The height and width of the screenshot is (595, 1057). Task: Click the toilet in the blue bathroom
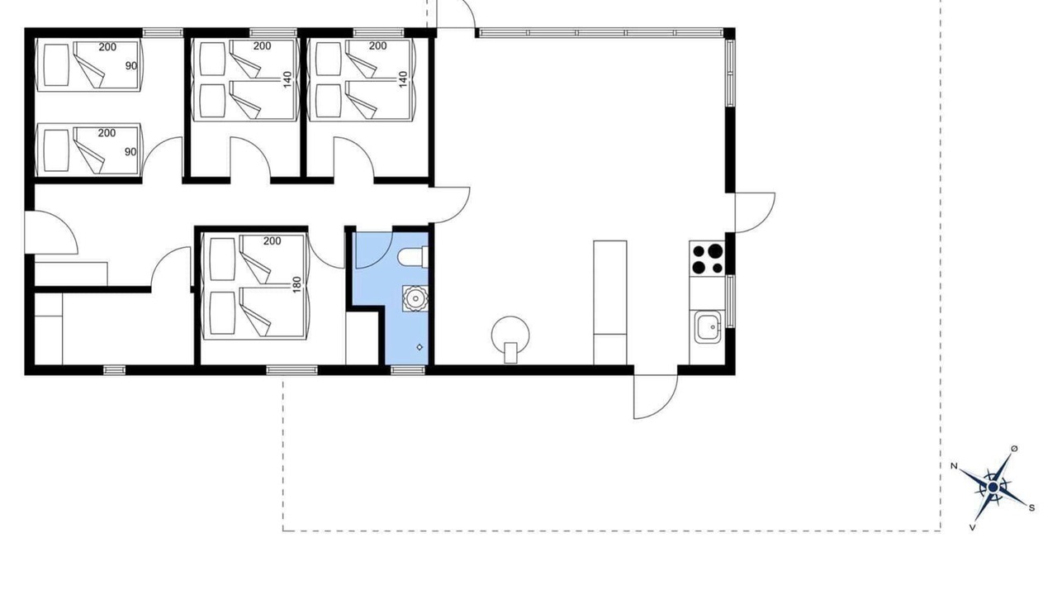[414, 258]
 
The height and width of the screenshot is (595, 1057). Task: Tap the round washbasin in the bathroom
[415, 298]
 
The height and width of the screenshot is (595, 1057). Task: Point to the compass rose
[993, 488]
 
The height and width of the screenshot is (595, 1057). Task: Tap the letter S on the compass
[1031, 508]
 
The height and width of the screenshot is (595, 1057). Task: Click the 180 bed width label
[296, 284]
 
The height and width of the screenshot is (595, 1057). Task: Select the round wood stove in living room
[510, 339]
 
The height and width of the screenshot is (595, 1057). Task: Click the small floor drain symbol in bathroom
[419, 348]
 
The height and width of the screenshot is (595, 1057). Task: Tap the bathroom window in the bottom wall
[408, 370]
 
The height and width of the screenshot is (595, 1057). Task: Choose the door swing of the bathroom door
[373, 250]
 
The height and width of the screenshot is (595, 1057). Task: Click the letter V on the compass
[972, 527]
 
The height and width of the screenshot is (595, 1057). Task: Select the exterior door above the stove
[755, 212]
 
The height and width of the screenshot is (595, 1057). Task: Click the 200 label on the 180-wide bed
[272, 240]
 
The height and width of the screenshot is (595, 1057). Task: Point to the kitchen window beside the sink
[730, 302]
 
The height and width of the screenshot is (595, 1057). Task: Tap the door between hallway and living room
[448, 205]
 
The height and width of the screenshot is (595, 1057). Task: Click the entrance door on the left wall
[51, 233]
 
